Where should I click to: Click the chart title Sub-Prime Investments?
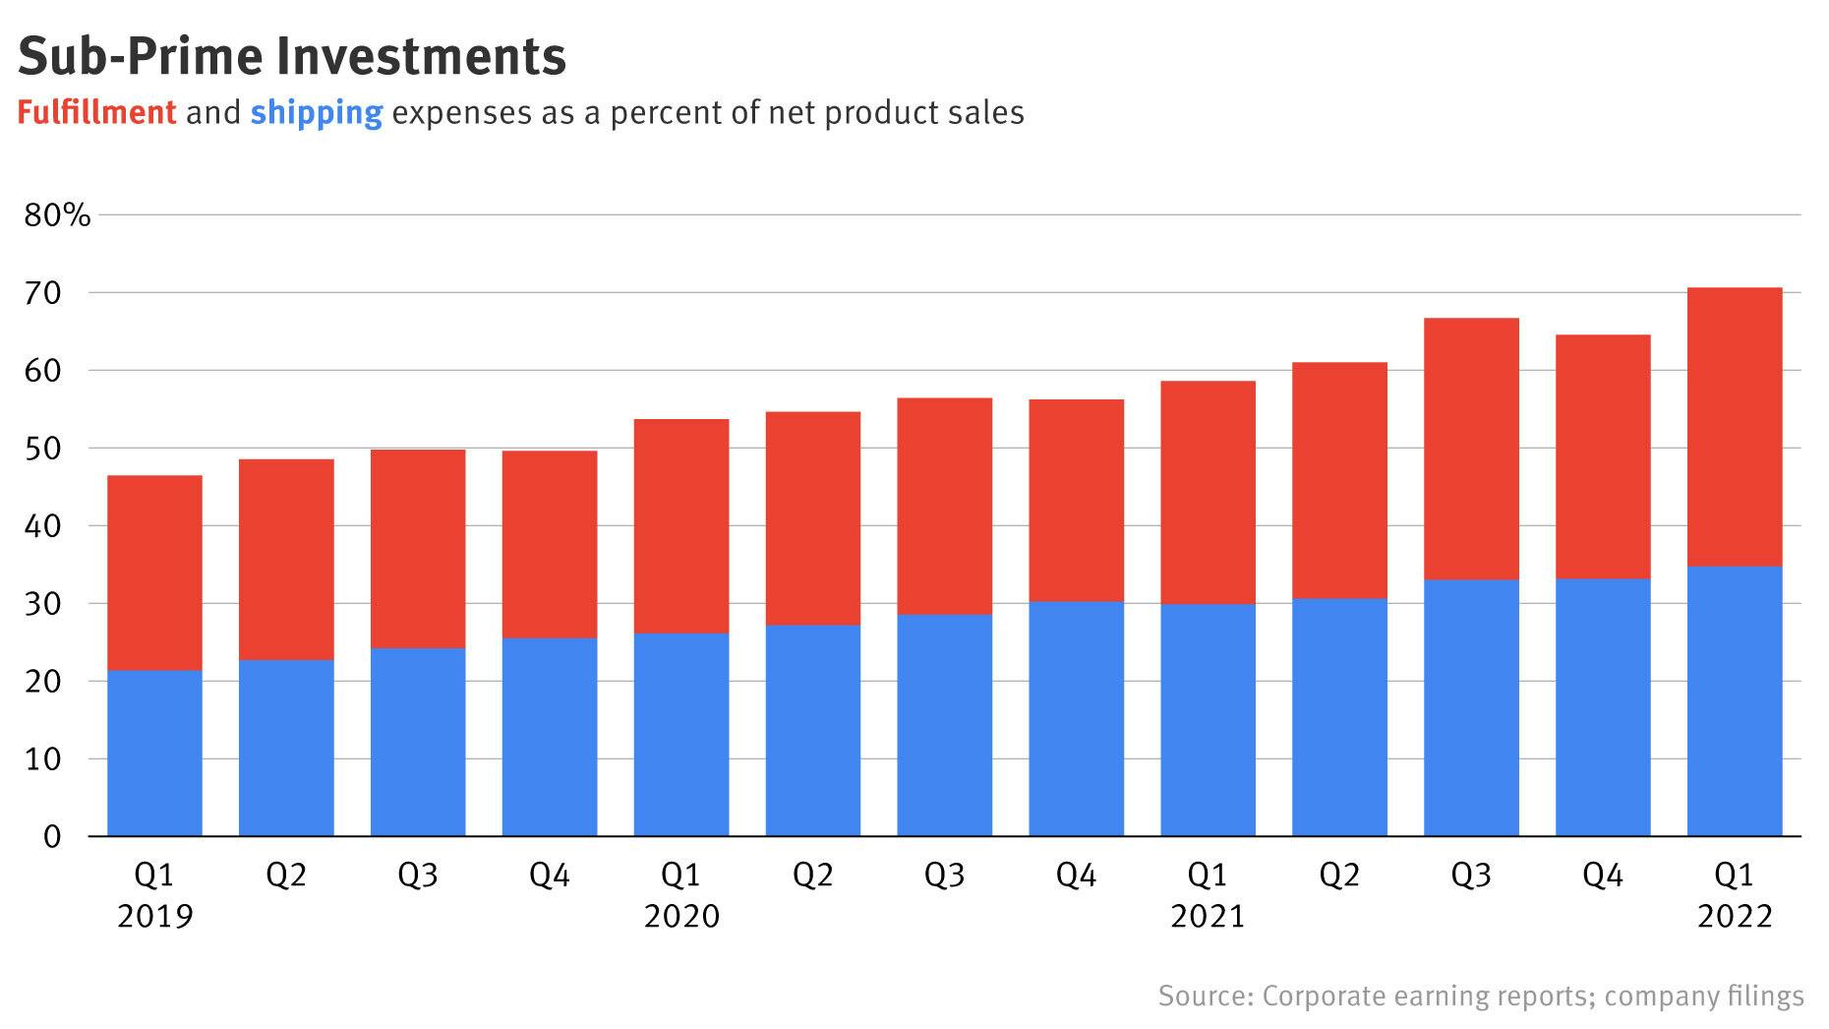click(292, 56)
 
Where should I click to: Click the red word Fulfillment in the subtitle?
click(96, 113)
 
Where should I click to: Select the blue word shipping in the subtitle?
click(316, 113)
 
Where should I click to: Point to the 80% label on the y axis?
click(57, 215)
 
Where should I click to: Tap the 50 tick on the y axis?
click(42, 449)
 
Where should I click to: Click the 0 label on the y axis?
click(52, 837)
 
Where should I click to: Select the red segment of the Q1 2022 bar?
click(1734, 427)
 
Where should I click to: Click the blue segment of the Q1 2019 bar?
click(154, 754)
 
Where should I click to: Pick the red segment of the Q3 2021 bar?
click(1470, 449)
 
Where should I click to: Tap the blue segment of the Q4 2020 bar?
click(1076, 718)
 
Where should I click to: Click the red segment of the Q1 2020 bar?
click(680, 525)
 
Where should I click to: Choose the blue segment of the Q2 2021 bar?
click(1339, 717)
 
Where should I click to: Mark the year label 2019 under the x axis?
click(154, 917)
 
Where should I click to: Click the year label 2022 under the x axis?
click(1735, 917)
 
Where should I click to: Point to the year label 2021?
click(1208, 917)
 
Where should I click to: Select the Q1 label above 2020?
click(680, 875)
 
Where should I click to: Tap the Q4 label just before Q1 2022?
click(1602, 875)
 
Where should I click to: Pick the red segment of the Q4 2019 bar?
click(549, 544)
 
